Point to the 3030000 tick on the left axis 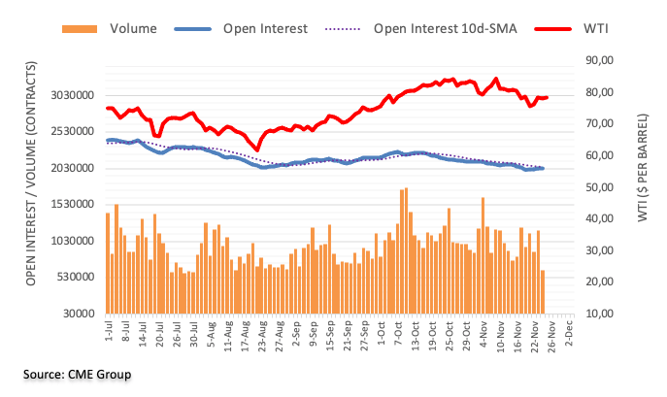point(68,96)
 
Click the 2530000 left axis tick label point(68,132)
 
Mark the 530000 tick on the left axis point(71,278)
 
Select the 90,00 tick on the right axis point(599,60)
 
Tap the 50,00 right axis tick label point(599,187)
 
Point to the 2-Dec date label point(567,334)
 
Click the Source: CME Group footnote point(79,374)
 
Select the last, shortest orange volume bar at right point(543,291)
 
